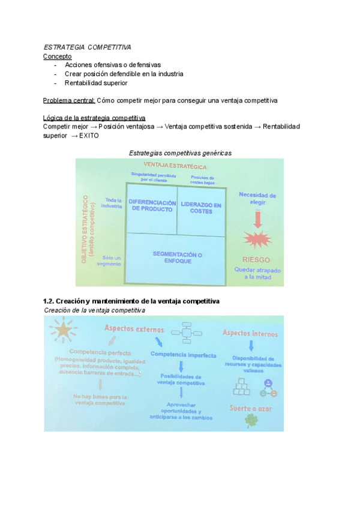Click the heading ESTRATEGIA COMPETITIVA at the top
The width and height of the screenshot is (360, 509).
[x=87, y=47]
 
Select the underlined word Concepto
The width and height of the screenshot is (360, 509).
[x=58, y=56]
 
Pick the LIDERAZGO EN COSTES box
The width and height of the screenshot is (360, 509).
[x=201, y=208]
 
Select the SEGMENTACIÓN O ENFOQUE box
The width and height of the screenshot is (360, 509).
[x=177, y=258]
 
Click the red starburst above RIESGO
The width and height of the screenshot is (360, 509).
[x=257, y=240]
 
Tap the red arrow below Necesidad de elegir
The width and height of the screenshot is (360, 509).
[x=257, y=218]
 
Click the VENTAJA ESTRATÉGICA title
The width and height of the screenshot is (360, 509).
[x=175, y=166]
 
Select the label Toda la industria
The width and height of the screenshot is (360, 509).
[x=112, y=203]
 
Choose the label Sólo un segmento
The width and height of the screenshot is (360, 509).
[x=112, y=260]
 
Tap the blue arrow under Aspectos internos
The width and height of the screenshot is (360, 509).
[x=251, y=346]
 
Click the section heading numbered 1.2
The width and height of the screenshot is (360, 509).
[x=131, y=300]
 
